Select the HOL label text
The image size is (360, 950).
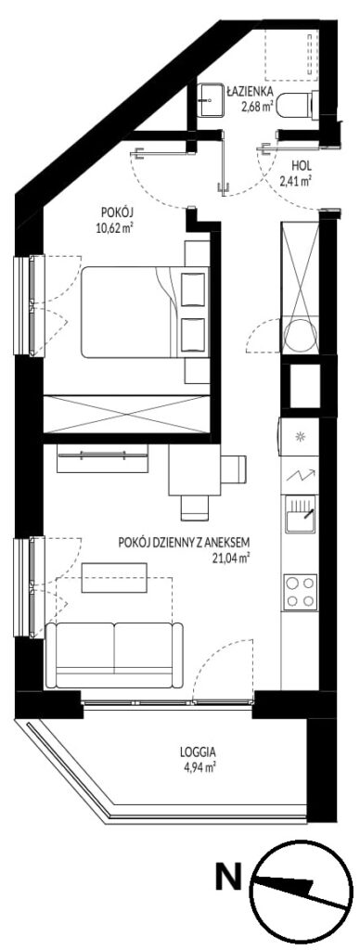[x=302, y=164]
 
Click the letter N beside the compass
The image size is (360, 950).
[x=229, y=879]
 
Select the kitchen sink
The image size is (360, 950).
[x=301, y=516]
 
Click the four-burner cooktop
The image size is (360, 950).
[x=301, y=591]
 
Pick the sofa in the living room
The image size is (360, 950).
[x=114, y=655]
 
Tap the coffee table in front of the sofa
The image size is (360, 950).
[x=114, y=578]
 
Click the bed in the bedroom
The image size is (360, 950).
[x=146, y=312]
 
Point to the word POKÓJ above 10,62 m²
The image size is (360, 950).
[x=117, y=213]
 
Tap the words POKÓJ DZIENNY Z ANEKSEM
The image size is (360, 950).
[x=185, y=543]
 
